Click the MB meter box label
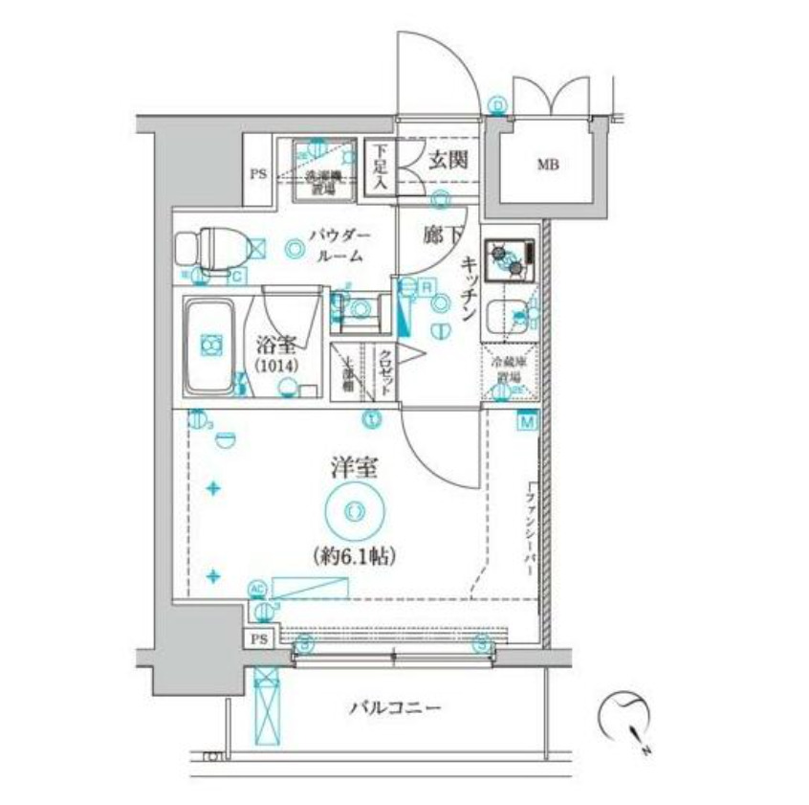coord(546,165)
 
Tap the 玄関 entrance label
coord(448,159)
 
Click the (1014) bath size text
coord(275,367)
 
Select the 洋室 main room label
coord(354,469)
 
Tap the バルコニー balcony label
coord(394,708)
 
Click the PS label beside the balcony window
coord(259,638)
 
